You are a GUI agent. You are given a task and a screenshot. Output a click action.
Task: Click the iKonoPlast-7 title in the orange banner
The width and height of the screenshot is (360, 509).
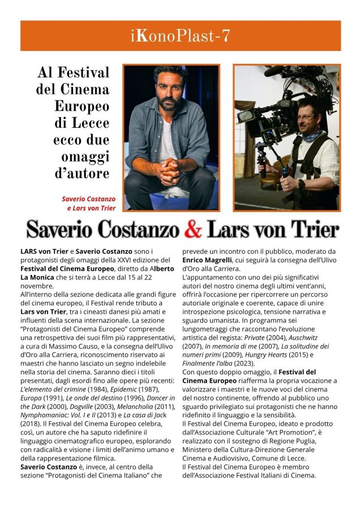pos(180,36)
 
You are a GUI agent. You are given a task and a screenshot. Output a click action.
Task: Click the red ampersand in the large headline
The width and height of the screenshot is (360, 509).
pos(194,229)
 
